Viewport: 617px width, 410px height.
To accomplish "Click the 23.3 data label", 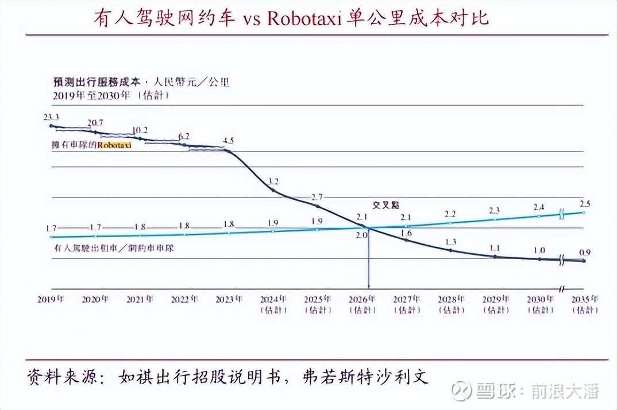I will [x=51, y=117].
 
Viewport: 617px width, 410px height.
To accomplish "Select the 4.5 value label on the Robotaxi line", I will [x=228, y=141].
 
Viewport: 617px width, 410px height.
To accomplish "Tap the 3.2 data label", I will [x=273, y=181].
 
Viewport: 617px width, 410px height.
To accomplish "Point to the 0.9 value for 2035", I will [x=585, y=252].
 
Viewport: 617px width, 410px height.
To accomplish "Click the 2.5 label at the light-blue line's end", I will [x=585, y=203].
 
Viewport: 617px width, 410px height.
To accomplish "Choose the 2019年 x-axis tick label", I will [x=51, y=299].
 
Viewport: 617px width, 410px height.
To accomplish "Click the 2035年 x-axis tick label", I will [x=584, y=299].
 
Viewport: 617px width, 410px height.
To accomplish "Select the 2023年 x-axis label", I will [x=229, y=299].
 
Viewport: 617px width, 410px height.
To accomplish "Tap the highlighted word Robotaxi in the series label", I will [x=114, y=146].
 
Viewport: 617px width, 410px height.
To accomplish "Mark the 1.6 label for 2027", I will [x=406, y=233].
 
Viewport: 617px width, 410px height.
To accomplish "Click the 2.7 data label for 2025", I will [x=317, y=197].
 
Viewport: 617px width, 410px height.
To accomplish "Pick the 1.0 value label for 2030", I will [x=539, y=250].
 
